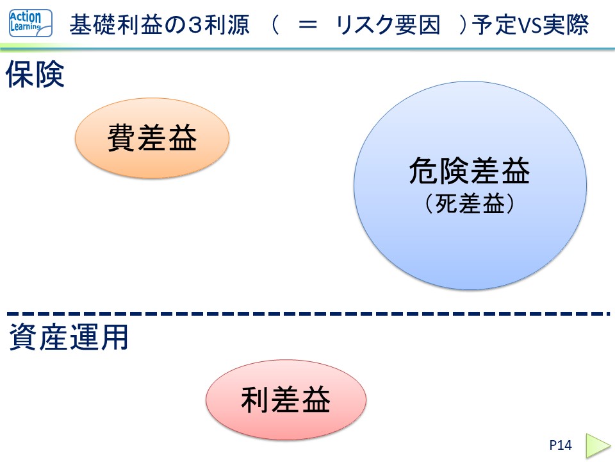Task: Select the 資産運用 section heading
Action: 69,338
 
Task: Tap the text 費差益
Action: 152,139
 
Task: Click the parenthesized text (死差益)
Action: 470,204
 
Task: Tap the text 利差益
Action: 286,401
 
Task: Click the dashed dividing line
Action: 307,314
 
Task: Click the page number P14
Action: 560,445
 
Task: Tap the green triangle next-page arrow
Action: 598,445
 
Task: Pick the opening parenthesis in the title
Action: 276,26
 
